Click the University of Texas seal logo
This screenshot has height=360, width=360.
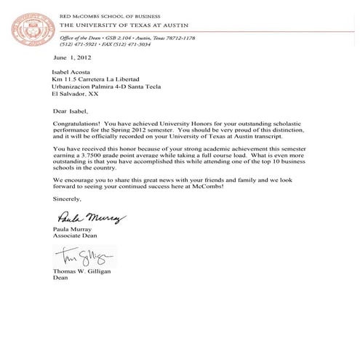click(30, 28)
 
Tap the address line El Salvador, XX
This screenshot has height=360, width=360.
click(77, 95)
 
